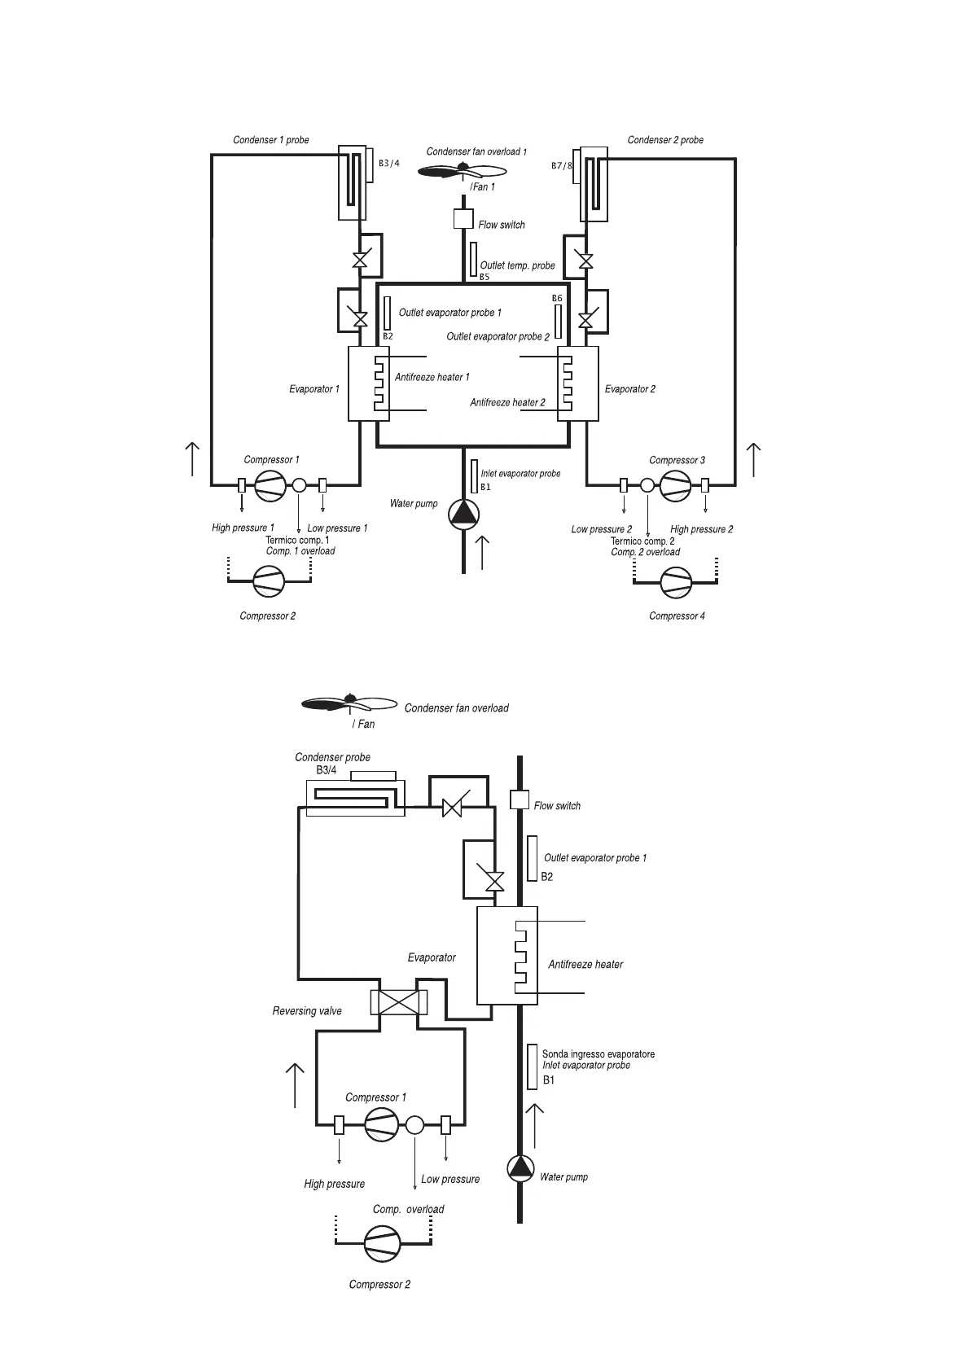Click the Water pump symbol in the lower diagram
(x=520, y=1168)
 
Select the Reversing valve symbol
(x=398, y=1002)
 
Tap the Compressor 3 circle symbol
(x=675, y=486)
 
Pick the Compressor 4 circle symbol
(x=675, y=581)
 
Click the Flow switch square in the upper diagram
(x=463, y=219)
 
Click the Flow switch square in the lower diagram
(x=520, y=799)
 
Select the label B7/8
(x=563, y=166)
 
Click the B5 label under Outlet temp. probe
(x=484, y=277)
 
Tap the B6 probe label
(x=557, y=299)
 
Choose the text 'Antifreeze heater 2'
(x=507, y=402)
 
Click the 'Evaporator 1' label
(x=314, y=389)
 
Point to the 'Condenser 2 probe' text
(x=665, y=140)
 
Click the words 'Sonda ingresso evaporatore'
(x=598, y=1054)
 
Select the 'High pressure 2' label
(x=701, y=529)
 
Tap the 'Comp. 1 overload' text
(x=300, y=551)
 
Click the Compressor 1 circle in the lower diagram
(x=382, y=1125)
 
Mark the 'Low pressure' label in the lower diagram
(x=450, y=1179)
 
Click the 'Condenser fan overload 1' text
(x=476, y=151)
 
